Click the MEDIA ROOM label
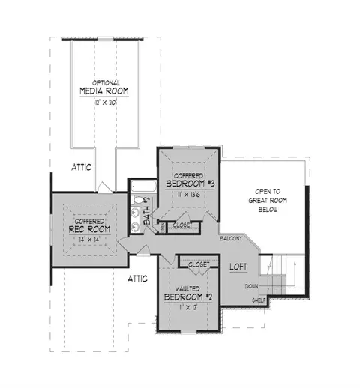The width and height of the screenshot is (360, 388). pos(104,91)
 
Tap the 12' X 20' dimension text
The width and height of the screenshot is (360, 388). pos(106,103)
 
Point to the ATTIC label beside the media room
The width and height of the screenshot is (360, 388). pos(82,167)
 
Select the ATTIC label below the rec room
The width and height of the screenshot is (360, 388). pos(137,279)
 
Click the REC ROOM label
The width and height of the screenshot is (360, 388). pos(89,229)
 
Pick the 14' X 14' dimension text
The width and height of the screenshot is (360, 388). pos(89,240)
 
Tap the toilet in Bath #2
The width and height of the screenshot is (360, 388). pos(137,200)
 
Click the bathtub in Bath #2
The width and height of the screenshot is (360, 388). pos(143,187)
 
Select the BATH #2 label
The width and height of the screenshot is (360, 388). pos(147,211)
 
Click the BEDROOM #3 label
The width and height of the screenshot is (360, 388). pos(190,184)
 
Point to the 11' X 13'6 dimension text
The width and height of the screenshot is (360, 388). pos(189,195)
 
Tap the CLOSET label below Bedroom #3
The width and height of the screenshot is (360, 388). pos(183,225)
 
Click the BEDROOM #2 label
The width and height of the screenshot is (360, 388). pos(188,297)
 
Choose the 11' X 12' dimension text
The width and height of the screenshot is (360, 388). pos(188,307)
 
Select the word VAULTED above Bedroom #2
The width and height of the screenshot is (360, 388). pos(187,289)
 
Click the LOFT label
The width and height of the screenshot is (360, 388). pos(238,267)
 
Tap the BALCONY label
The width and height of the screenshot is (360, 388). pos(231,238)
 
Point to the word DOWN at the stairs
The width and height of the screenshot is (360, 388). pos(251,286)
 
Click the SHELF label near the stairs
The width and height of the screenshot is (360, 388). pos(259,300)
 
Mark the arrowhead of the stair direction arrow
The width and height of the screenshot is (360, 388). pos(295,264)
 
